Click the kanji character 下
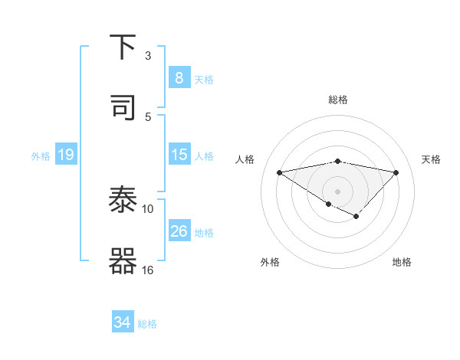point(123,47)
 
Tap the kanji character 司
point(123,108)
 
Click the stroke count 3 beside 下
point(148,56)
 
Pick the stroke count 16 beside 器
point(148,270)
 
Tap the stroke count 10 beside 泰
point(148,208)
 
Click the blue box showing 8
point(179,77)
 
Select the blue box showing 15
point(179,155)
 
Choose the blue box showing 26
point(179,231)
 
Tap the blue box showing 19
point(65,155)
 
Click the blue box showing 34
point(123,322)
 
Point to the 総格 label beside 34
point(147,324)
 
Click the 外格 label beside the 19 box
point(41,155)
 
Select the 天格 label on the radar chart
point(432,159)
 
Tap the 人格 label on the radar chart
point(245,159)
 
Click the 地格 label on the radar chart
point(402,262)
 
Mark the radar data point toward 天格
point(396,172)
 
